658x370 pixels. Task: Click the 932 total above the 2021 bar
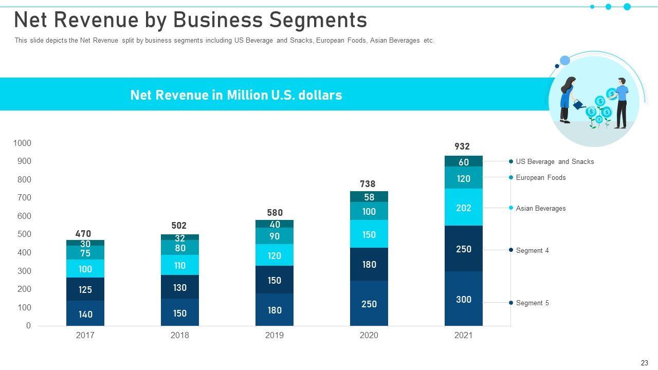(x=462, y=146)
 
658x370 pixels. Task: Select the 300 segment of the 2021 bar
(x=464, y=299)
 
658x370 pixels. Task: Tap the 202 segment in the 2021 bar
(x=464, y=208)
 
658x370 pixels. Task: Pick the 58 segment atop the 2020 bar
(x=369, y=197)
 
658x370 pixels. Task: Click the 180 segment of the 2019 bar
(x=275, y=310)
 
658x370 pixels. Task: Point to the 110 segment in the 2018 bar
(x=180, y=265)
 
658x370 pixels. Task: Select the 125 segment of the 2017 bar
(x=85, y=289)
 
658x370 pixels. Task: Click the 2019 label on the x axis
(x=275, y=336)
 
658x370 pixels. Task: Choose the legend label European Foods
(x=540, y=177)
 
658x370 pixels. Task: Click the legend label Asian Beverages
(x=540, y=208)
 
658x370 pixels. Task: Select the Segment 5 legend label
(x=532, y=303)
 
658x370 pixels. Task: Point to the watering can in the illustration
(x=579, y=104)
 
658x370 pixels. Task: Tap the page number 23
(x=645, y=362)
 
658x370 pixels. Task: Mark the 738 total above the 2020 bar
(x=368, y=184)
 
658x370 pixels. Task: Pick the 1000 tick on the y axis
(x=22, y=143)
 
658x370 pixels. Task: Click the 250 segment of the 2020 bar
(x=369, y=304)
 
